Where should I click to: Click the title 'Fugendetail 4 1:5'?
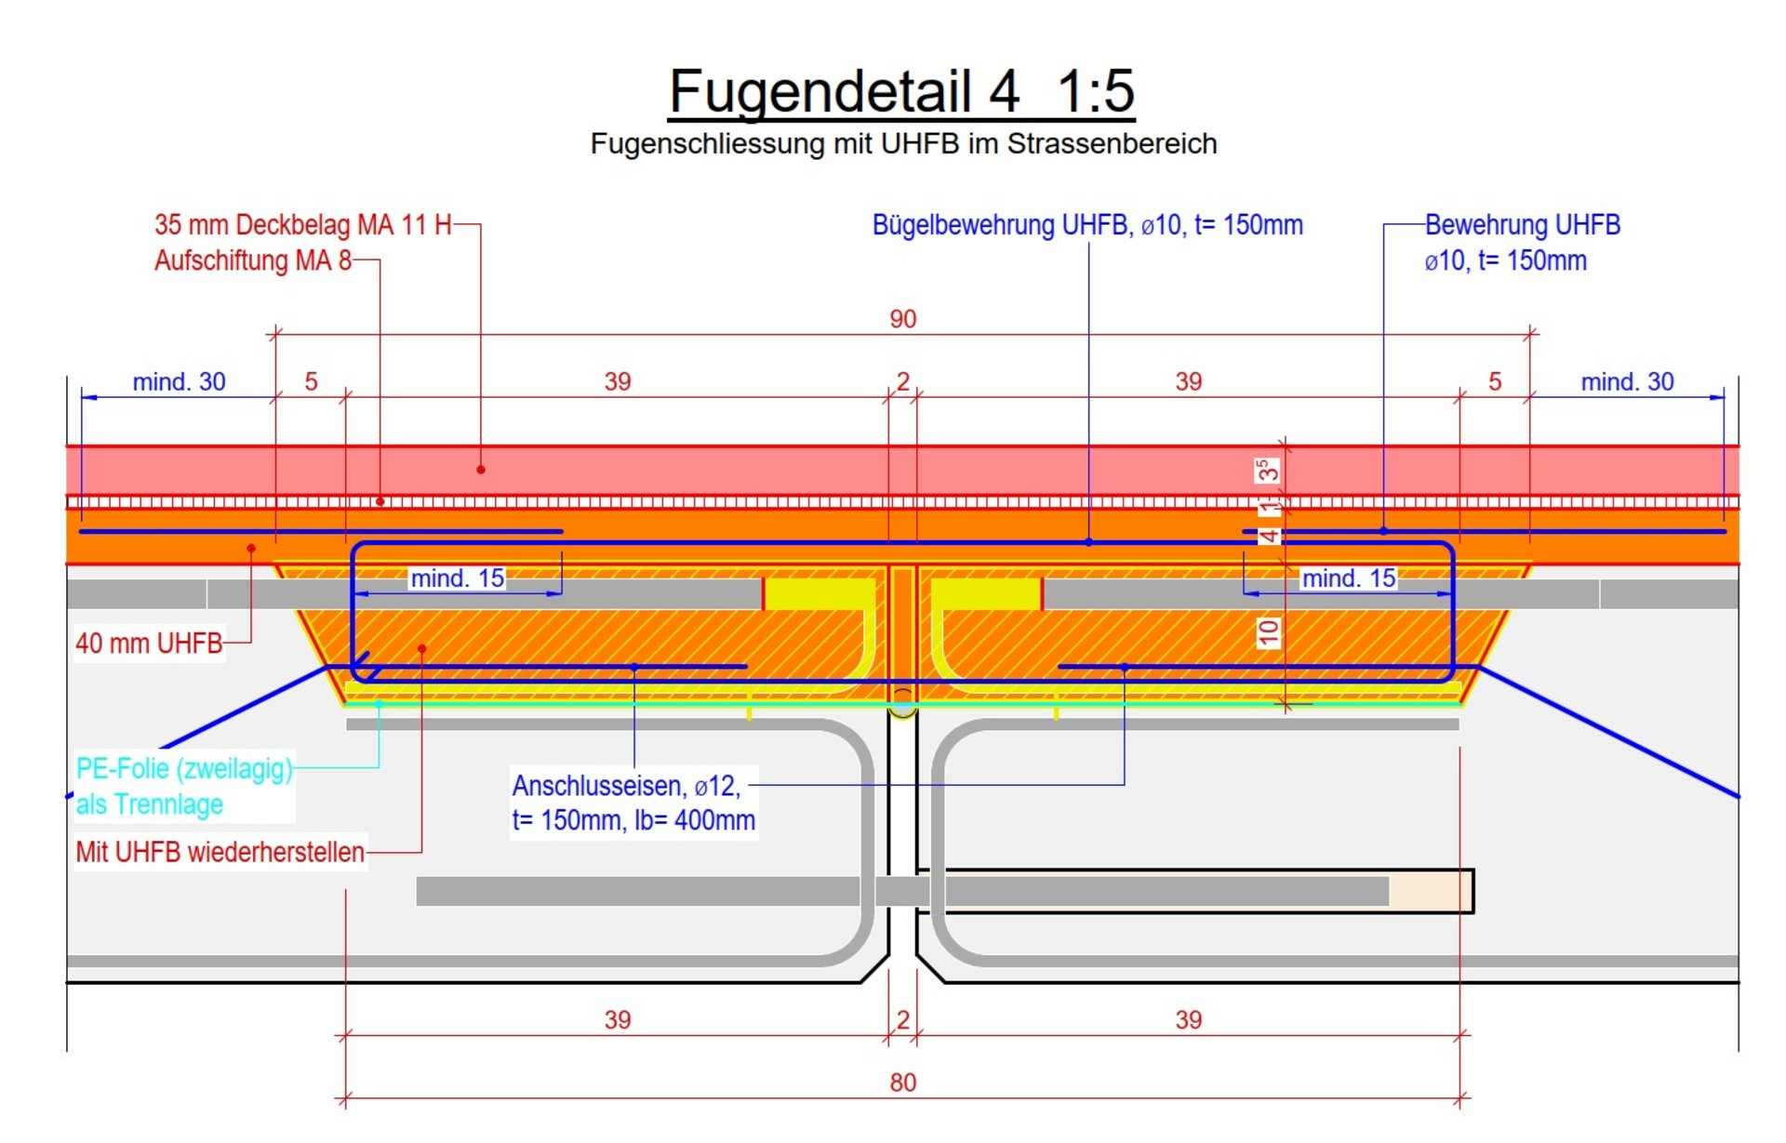click(x=901, y=91)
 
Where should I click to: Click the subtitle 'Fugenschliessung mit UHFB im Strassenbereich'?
click(x=903, y=144)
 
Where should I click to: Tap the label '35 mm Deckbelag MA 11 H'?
click(x=302, y=225)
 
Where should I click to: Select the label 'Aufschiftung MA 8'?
click(x=253, y=260)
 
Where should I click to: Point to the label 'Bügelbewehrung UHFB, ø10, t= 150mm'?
click(x=1087, y=225)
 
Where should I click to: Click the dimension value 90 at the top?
click(x=902, y=319)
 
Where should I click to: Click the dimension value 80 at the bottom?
click(x=902, y=1083)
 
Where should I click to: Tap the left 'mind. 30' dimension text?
click(x=179, y=381)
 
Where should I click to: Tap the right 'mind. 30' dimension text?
click(x=1627, y=381)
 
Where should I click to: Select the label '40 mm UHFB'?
click(x=149, y=643)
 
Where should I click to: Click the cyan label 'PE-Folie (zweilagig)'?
click(x=184, y=769)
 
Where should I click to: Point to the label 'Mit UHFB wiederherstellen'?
click(x=220, y=852)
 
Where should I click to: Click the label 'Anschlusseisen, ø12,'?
click(x=626, y=787)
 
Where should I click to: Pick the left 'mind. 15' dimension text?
click(x=457, y=578)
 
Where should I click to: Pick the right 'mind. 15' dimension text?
click(x=1348, y=578)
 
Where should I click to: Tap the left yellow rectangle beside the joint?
click(x=819, y=594)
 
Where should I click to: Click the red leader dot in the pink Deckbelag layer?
click(x=481, y=470)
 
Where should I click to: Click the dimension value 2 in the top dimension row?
click(x=902, y=381)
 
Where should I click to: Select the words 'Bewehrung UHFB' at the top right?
click(x=1522, y=225)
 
